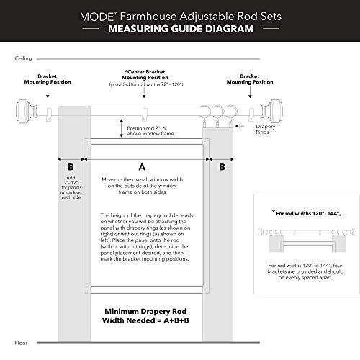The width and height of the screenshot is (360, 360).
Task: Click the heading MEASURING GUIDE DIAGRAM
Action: click(x=179, y=30)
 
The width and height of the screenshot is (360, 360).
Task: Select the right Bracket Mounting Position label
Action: click(x=250, y=78)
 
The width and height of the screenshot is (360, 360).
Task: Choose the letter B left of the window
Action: click(x=71, y=165)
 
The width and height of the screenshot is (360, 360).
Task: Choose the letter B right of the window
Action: click(x=221, y=165)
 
